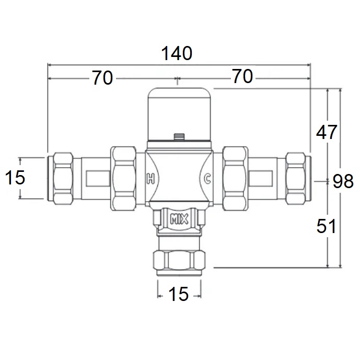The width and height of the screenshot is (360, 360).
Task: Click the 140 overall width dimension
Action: point(177,53)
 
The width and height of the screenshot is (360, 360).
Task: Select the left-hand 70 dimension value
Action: point(102,78)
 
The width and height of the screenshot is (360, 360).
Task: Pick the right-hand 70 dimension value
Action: point(242,76)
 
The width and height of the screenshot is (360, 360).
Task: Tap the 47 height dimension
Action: point(327,132)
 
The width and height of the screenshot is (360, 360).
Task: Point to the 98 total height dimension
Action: point(343,181)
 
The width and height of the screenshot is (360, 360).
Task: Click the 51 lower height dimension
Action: point(326,226)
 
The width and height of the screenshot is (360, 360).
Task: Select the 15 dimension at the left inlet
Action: point(15,178)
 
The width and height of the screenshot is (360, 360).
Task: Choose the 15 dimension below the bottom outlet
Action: point(178,294)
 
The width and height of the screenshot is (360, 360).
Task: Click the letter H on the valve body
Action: point(150,178)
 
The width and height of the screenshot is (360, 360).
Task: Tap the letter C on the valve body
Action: point(207,178)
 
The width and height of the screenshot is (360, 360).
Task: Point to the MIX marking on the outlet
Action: point(179,219)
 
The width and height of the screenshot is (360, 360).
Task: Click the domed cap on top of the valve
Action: point(179,114)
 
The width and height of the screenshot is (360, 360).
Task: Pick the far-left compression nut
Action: point(63,178)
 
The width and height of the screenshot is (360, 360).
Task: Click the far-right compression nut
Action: point(296,178)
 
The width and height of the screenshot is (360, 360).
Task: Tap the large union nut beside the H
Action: point(123,178)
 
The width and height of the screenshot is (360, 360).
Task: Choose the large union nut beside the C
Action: point(235,178)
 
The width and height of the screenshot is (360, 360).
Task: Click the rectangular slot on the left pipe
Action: point(98,178)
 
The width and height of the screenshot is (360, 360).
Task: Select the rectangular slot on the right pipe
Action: point(261,178)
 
